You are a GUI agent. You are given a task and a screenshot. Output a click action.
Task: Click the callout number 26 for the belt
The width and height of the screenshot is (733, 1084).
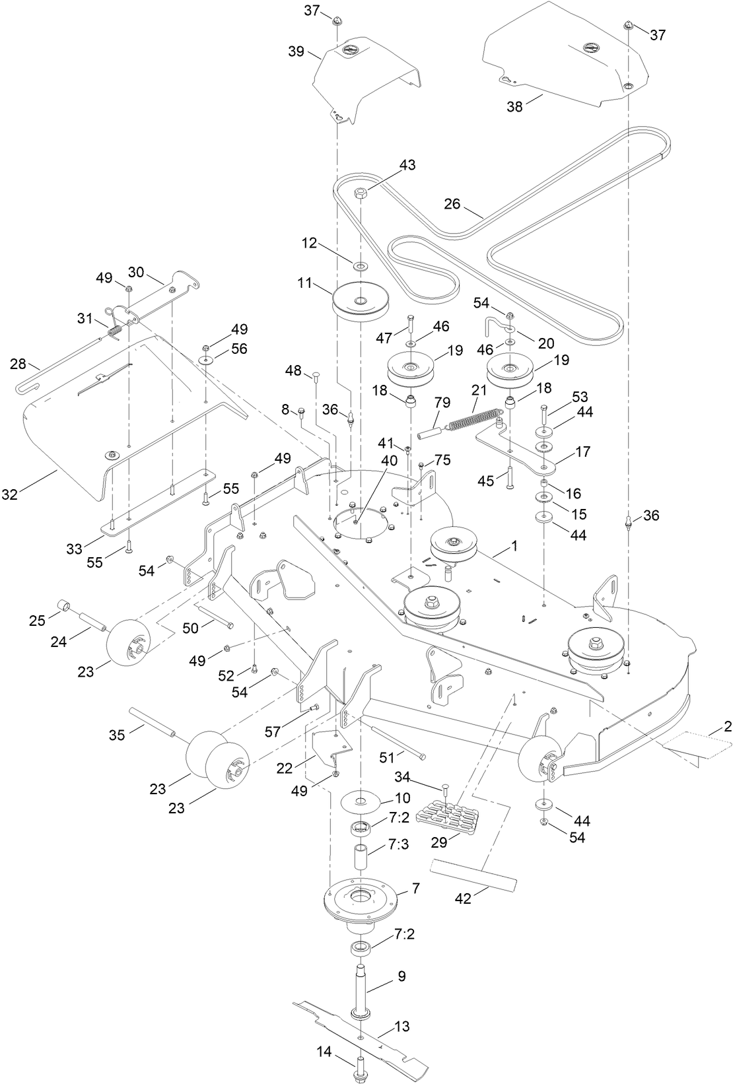tap(452, 204)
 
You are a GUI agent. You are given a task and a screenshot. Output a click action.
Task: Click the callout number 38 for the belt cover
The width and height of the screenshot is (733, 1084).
tap(514, 106)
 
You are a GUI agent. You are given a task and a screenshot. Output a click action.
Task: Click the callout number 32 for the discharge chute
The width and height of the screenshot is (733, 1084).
tap(29, 492)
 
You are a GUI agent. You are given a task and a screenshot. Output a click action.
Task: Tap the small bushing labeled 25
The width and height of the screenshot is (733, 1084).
tap(61, 605)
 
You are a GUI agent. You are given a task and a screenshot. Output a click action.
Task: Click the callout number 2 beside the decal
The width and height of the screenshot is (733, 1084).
tap(727, 727)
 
